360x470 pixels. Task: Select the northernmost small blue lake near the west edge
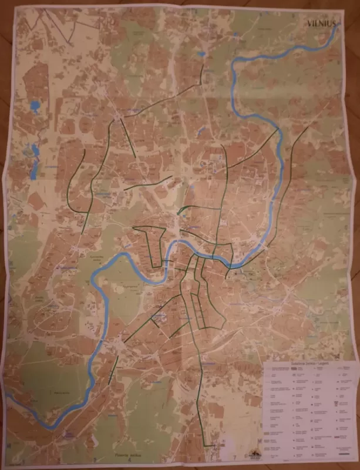tap(35, 106)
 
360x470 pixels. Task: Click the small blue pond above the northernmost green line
tap(201, 54)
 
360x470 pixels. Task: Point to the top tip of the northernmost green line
tap(204, 65)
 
